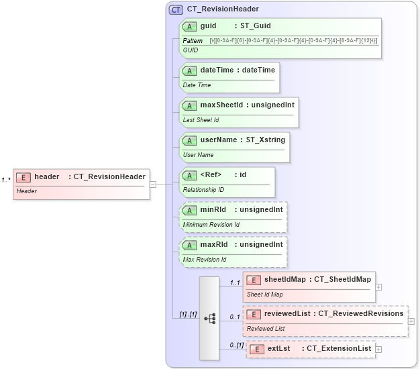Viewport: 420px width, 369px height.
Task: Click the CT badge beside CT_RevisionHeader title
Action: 176,9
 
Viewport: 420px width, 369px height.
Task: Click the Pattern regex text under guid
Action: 293,42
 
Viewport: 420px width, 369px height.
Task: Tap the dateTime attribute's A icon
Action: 190,70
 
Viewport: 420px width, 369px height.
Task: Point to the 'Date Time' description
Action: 197,85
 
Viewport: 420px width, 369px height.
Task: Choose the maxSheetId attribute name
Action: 220,105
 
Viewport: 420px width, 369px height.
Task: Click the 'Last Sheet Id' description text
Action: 201,120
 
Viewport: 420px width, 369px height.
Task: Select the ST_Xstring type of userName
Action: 264,140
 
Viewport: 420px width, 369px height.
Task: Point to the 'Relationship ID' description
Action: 203,190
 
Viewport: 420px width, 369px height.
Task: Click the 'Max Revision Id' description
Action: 205,260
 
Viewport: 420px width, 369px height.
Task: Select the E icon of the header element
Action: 23,176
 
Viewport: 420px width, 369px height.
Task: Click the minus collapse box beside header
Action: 153,183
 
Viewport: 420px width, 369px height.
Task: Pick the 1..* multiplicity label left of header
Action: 6,180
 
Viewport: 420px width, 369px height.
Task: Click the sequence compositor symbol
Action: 209,319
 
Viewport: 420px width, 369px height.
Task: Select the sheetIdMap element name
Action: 284,279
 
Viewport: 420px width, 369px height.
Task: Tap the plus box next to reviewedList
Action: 411,321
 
